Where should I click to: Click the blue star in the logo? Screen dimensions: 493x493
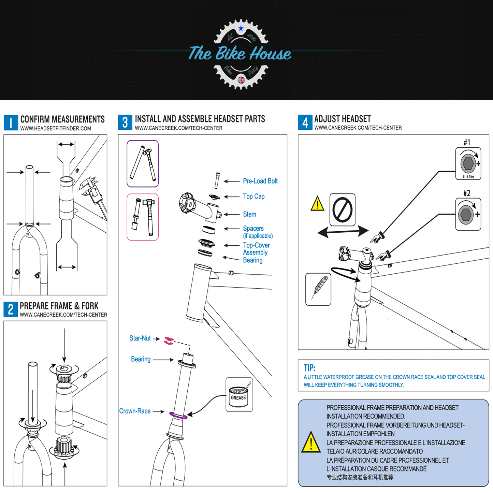click(x=241, y=28)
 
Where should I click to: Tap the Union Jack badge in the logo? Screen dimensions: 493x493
click(x=241, y=80)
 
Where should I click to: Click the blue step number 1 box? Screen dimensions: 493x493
click(x=11, y=123)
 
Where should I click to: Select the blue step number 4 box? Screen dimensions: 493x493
click(x=305, y=122)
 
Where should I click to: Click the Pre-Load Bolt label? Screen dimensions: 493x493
click(x=260, y=181)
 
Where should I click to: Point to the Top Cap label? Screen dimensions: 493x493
click(x=253, y=197)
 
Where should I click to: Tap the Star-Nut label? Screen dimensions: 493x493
click(x=140, y=338)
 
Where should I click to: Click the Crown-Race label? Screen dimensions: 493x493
click(x=135, y=411)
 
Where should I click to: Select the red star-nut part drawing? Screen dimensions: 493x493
click(x=169, y=340)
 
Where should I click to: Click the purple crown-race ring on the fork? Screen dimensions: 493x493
click(x=178, y=416)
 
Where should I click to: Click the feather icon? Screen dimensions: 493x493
click(x=318, y=289)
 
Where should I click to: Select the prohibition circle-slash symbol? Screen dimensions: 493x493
click(x=342, y=210)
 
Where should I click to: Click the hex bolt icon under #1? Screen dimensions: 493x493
click(x=468, y=163)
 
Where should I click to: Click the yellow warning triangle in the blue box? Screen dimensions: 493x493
click(x=311, y=443)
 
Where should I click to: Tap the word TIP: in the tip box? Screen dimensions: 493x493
click(x=309, y=368)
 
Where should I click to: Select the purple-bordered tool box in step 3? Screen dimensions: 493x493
click(x=143, y=163)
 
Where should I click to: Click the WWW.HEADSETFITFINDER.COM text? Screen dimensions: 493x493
click(x=56, y=129)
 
